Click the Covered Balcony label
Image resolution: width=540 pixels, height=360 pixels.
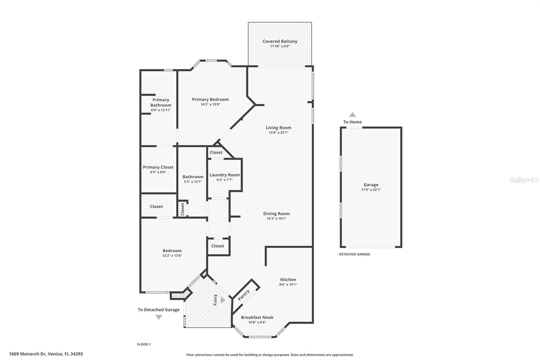(x=280, y=41)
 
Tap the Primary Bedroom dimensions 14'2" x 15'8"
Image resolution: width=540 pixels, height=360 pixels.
(x=210, y=104)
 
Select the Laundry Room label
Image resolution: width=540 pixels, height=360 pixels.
(x=224, y=175)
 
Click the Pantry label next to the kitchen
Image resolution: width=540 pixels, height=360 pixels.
(x=244, y=295)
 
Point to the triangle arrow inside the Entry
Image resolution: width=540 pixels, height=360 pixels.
(x=223, y=300)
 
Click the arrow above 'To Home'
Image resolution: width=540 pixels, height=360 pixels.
(x=352, y=115)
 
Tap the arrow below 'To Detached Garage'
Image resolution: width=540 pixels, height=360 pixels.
(x=159, y=317)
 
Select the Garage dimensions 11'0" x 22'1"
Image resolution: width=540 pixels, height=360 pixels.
(x=371, y=190)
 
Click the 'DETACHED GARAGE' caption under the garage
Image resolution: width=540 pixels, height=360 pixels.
(x=354, y=254)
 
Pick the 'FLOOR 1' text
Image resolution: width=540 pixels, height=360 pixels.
(x=143, y=344)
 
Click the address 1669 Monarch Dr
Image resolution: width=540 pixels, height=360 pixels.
(x=46, y=354)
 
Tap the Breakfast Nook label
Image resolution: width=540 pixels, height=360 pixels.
(x=257, y=317)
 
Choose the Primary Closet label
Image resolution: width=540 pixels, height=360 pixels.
(x=158, y=167)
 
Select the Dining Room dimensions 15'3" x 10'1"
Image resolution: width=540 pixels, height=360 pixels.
(x=276, y=218)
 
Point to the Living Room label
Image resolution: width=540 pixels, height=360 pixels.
(x=278, y=128)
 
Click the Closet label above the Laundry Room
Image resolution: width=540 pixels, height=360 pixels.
(x=216, y=152)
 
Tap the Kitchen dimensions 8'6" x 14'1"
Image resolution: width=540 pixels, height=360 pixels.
(x=288, y=284)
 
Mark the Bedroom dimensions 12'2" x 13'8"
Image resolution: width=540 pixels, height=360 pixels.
(x=172, y=256)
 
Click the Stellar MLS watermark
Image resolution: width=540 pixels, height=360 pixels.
(x=524, y=180)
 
